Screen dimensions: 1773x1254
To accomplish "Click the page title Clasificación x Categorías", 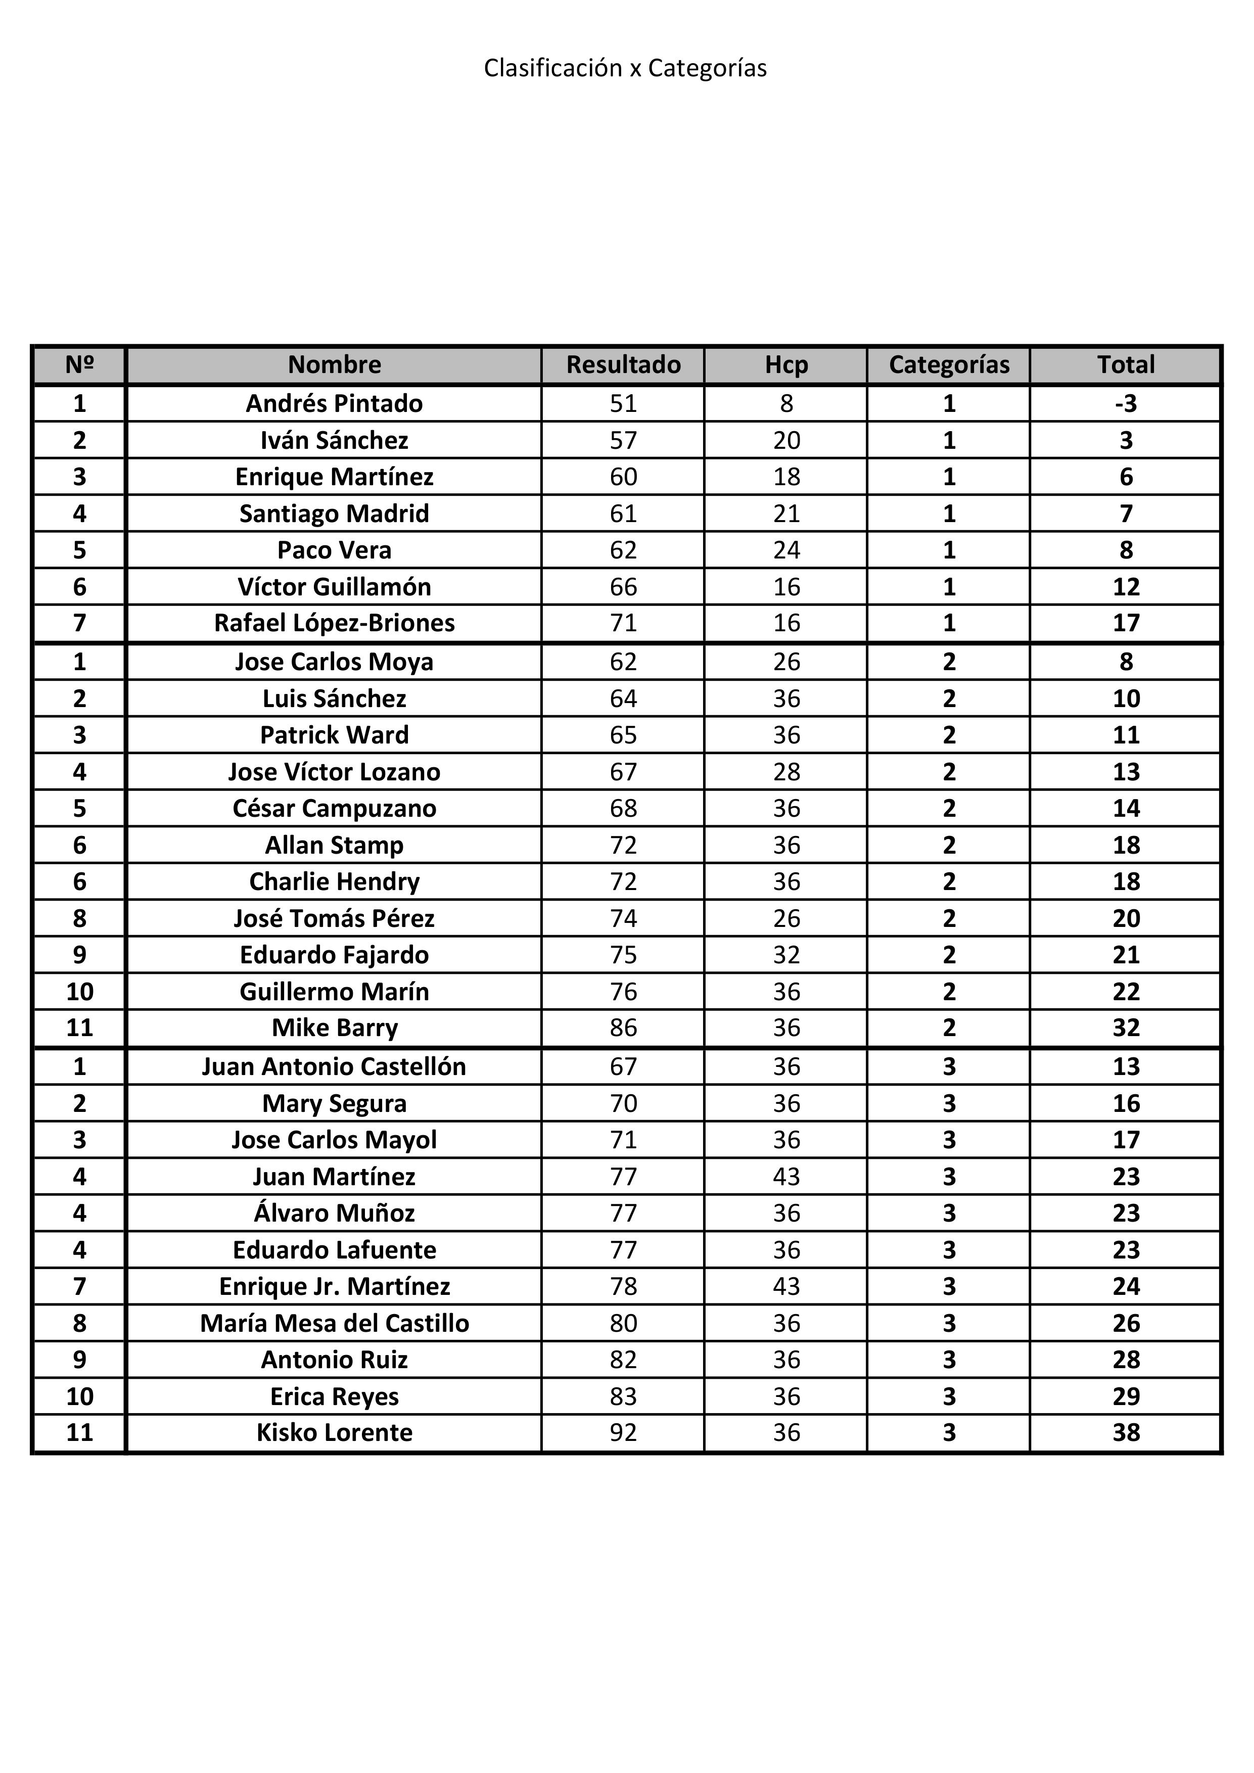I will (625, 68).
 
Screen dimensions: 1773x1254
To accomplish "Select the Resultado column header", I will (623, 364).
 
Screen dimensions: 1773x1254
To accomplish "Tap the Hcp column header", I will (786, 364).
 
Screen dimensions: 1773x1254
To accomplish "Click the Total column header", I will (1126, 364).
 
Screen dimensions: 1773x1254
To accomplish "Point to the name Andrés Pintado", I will (334, 403).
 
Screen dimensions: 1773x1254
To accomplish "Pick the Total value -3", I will (1126, 403).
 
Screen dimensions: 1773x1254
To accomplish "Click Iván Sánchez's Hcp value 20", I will (786, 440).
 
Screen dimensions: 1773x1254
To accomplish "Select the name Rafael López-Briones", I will (334, 622).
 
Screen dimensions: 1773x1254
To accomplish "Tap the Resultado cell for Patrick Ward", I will (623, 734).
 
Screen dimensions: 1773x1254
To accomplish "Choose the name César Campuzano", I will (334, 808).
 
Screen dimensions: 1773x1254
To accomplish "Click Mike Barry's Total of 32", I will (1126, 1027).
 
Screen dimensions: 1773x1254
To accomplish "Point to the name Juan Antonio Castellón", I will (334, 1066).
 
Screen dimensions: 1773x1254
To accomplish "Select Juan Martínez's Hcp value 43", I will (786, 1176).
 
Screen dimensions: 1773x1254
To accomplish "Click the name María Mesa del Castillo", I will (334, 1323).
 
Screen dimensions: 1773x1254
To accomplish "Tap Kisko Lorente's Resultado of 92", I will (623, 1432).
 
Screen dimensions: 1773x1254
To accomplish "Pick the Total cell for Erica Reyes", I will (1126, 1396).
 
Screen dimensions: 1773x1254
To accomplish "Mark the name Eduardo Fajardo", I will (334, 954).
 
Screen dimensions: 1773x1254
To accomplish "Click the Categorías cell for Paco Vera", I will (949, 550).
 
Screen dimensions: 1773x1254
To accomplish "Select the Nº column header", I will (79, 364).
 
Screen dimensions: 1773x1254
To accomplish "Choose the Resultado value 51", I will (623, 403).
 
